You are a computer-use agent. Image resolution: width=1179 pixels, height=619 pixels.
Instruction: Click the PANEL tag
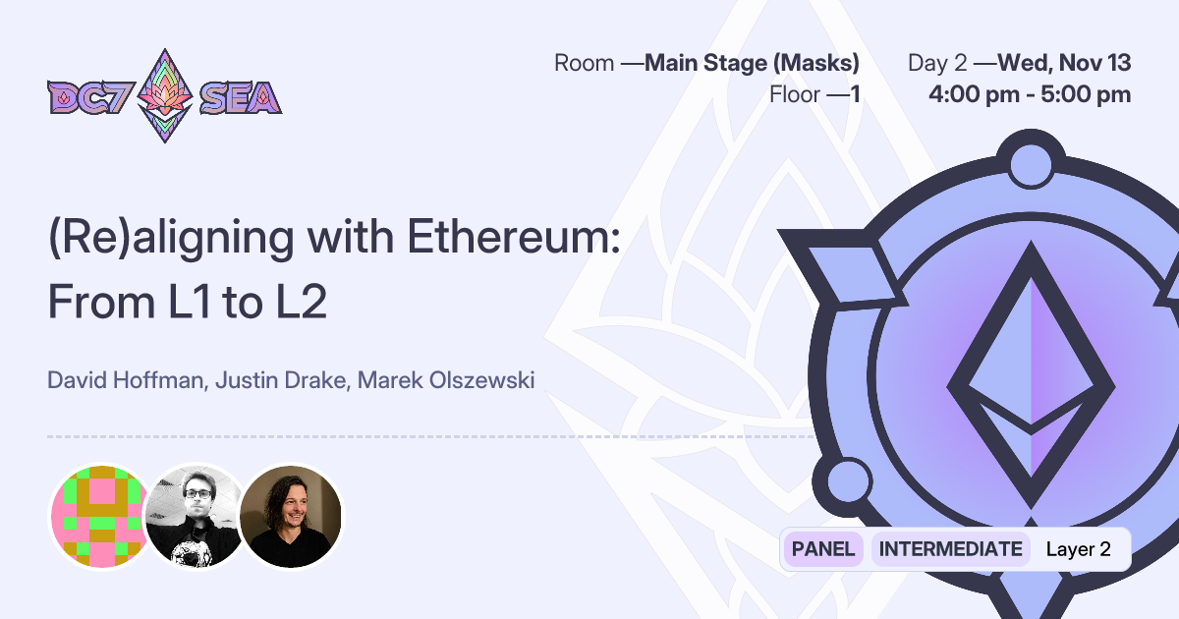point(822,549)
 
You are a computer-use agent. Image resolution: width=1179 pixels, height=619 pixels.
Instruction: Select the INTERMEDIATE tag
point(950,549)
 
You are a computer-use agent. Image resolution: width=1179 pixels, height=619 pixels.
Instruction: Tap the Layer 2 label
point(1078,549)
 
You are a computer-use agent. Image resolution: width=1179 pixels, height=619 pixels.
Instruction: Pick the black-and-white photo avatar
point(195,516)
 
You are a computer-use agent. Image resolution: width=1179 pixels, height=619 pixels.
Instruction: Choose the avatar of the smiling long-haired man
point(291,516)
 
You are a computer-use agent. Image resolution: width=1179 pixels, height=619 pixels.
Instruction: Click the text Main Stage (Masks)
point(752,64)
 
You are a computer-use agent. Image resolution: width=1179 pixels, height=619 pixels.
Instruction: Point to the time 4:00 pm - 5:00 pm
point(1030,95)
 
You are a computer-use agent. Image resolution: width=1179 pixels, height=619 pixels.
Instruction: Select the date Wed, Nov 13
point(1064,64)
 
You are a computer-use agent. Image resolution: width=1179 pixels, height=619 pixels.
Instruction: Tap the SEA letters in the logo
point(240,98)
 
